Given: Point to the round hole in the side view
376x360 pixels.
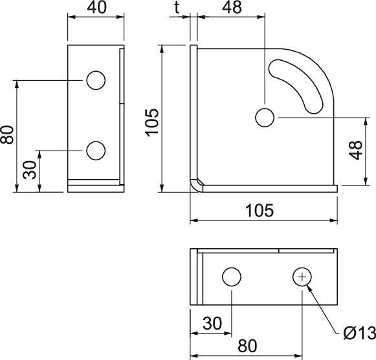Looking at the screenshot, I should pos(264,118).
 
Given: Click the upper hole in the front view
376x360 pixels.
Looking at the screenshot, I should pos(95,80).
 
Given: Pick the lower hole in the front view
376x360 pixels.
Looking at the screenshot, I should pos(95,151).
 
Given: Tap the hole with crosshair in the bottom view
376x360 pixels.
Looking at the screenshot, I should pos(302,277).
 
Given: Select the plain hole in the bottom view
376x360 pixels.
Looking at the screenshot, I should pos(232,277).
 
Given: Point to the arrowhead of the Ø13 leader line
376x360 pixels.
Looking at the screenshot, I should pos(310,288).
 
